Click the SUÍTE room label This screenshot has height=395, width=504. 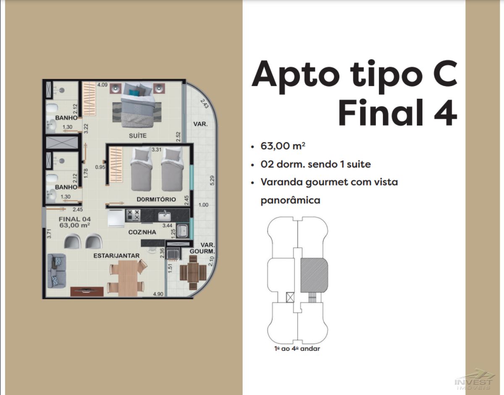138,136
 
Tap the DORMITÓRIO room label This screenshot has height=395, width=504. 156,199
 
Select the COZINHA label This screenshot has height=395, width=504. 142,232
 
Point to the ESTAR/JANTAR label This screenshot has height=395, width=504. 116,256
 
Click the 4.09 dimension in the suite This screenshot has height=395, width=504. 102,85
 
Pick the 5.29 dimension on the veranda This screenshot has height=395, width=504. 212,180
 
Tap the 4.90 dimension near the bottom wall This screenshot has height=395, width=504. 158,294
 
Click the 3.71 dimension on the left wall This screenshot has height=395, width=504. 49,233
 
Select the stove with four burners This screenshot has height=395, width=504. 133,215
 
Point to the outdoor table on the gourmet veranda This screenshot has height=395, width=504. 193,272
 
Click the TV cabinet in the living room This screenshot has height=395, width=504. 87,291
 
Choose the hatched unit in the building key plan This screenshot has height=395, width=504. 314,275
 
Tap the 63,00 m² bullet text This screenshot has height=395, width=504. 283,146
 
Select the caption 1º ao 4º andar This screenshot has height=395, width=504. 297,355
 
